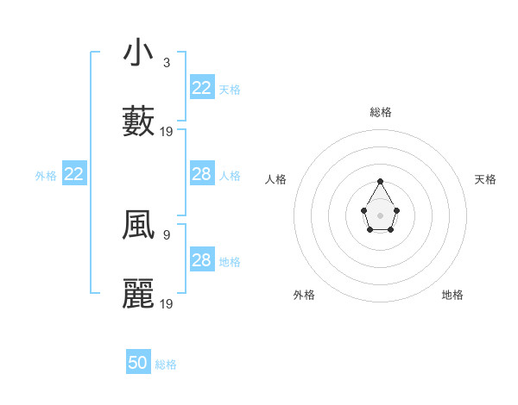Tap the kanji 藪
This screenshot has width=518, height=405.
[138, 121]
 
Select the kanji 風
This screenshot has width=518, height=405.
[138, 226]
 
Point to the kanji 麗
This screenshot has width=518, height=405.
[138, 294]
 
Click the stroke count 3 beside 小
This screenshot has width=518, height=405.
[166, 63]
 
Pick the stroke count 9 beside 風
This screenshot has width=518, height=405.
[166, 234]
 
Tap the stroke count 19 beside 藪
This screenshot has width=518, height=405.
[167, 132]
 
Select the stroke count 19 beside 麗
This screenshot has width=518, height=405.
[167, 303]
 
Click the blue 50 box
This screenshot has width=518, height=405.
[138, 363]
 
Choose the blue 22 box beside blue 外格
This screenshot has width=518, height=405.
[74, 174]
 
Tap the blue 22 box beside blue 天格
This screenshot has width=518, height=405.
[202, 87]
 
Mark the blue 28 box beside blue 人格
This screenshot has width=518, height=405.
[202, 174]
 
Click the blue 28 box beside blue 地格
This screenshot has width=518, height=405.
[202, 260]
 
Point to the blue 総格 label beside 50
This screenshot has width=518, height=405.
[166, 364]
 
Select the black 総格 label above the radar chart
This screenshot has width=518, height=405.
[381, 112]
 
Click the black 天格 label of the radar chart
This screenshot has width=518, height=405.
[485, 179]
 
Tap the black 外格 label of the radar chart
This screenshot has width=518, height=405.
[304, 295]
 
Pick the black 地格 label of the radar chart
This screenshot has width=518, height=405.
[452, 295]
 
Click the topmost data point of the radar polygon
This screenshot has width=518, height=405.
[381, 181]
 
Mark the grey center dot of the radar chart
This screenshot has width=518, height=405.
[381, 215]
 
